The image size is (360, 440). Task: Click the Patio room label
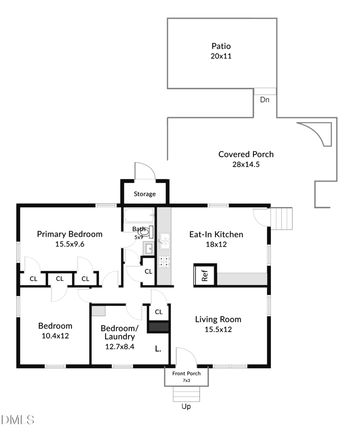point(221,46)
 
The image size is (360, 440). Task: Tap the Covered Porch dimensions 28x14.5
point(246,164)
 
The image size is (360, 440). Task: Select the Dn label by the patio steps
point(265,99)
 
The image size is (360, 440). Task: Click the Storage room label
point(144,194)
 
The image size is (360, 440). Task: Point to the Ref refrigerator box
point(205,275)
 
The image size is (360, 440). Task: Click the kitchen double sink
point(165,241)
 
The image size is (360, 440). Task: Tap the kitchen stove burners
point(165,262)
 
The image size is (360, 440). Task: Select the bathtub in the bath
point(139,215)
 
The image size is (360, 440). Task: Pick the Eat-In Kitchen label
point(216,234)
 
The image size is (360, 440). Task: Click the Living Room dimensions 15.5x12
point(218,329)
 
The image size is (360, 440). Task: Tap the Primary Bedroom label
point(70,234)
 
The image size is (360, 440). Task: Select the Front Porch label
point(186,373)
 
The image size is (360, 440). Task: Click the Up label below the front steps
point(186,406)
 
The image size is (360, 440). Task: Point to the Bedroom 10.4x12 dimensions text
point(55,336)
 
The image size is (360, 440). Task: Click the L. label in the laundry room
point(158,349)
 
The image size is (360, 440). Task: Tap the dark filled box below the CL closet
point(158,327)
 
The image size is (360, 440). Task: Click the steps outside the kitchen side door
point(281,219)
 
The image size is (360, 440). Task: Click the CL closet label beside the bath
point(148,272)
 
